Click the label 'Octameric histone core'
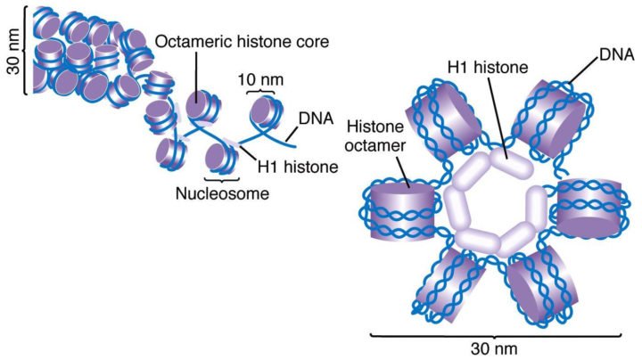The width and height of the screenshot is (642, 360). point(242,41)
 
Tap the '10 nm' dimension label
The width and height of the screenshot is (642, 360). point(260,79)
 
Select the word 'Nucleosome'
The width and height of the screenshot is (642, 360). point(222,193)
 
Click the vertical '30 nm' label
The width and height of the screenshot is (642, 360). point(14,52)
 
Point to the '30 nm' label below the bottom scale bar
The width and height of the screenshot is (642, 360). point(494,349)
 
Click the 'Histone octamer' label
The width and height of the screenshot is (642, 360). point(375,135)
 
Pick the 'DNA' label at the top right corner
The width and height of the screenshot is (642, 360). point(617,54)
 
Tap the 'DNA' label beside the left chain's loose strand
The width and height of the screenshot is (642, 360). point(316,119)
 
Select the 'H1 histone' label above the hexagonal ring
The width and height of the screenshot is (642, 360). point(488,67)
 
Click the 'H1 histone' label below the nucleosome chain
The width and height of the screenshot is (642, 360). point(298,167)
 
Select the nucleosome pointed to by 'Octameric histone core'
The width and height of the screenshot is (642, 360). point(202,107)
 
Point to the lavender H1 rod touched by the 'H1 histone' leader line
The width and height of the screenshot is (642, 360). point(511,163)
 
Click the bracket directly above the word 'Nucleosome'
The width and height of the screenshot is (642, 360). point(221,179)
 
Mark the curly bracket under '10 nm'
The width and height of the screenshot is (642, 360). point(260,91)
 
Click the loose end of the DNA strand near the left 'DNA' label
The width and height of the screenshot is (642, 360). point(296,146)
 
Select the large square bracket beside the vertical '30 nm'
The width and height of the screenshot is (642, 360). point(26,51)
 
